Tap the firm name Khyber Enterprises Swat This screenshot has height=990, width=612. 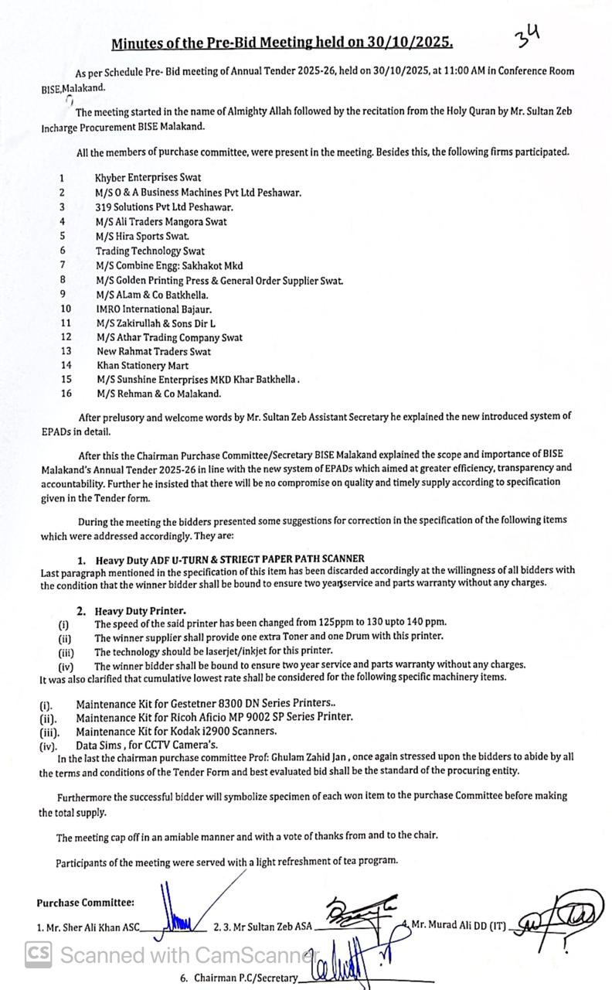(148, 178)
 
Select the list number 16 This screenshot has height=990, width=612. (66, 394)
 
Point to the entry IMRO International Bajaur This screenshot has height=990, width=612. (154, 309)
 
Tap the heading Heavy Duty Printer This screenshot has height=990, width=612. (140, 611)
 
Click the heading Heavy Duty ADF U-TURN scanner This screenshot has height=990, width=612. (229, 558)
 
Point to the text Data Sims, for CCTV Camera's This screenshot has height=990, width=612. (147, 746)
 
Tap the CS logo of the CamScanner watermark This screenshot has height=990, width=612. (38, 954)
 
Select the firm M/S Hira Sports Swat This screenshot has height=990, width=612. (142, 236)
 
